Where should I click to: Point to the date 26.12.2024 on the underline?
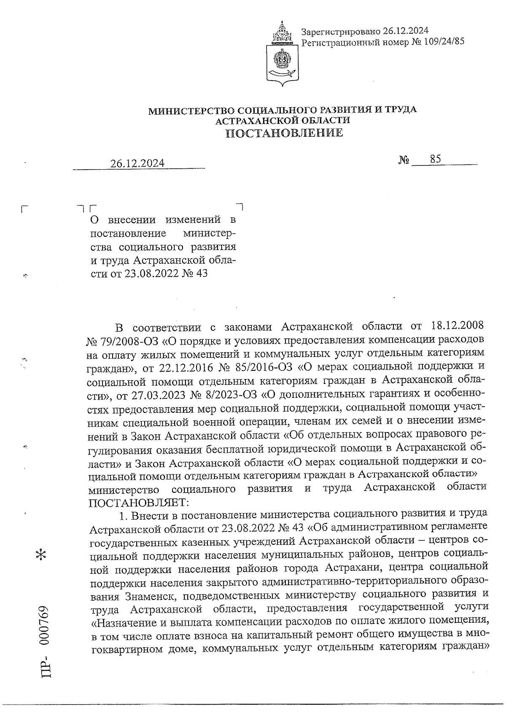click(x=137, y=164)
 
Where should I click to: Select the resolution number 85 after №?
click(x=436, y=159)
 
